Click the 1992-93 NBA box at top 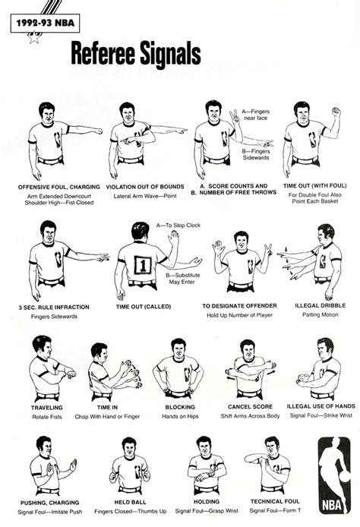click(42, 24)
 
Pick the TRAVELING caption click(47, 407)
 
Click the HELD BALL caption click(135, 503)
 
